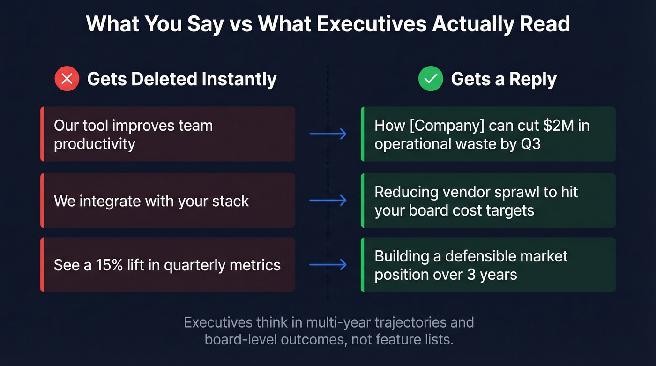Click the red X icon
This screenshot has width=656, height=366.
(x=67, y=79)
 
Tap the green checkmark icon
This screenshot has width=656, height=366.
(x=431, y=79)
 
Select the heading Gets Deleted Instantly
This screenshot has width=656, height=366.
(x=182, y=79)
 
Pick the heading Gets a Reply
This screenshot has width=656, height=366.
(x=504, y=79)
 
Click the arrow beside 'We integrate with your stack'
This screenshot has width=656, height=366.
(x=328, y=201)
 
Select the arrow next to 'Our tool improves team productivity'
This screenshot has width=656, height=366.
(x=328, y=134)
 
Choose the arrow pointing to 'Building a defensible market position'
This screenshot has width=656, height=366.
(x=328, y=265)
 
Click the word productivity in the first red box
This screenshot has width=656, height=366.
(x=94, y=144)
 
